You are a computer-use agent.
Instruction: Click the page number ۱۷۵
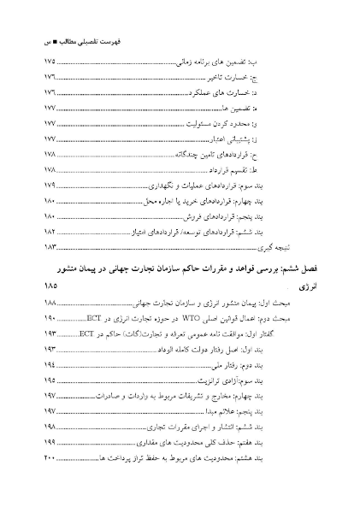click(50, 62)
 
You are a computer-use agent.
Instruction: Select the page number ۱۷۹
click(50, 185)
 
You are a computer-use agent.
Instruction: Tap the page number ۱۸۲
click(50, 231)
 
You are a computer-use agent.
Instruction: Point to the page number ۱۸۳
click(50, 246)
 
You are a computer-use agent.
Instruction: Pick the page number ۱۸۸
click(50, 303)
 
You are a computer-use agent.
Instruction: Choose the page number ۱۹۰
click(50, 318)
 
